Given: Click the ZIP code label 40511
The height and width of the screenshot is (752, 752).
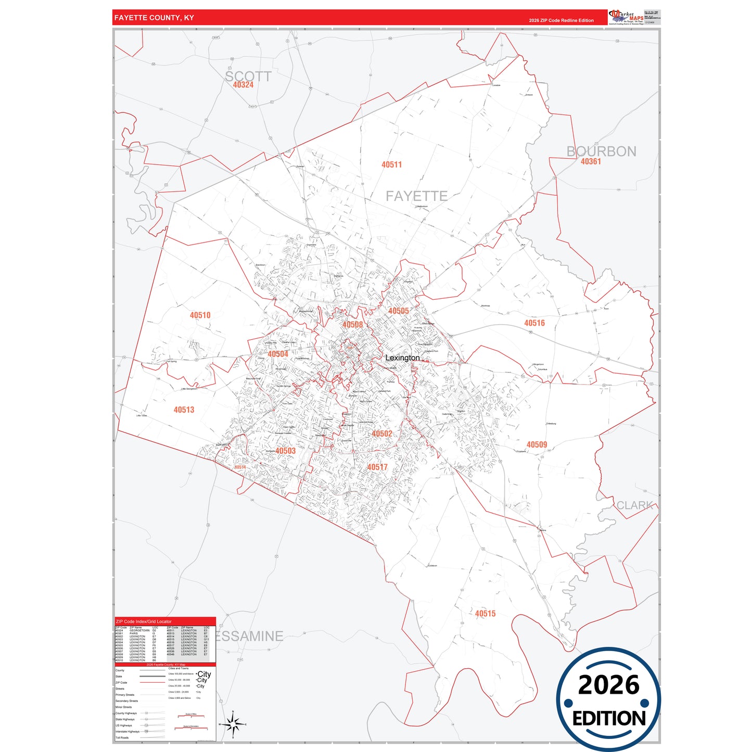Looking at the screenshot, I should click(x=391, y=164).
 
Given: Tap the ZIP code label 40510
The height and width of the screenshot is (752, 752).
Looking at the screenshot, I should click(x=200, y=315).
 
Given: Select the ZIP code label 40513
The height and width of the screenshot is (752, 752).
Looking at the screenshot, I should click(x=184, y=410).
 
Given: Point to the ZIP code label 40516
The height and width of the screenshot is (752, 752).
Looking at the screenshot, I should click(x=534, y=323).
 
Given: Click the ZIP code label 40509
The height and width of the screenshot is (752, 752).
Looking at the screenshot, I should click(x=537, y=444).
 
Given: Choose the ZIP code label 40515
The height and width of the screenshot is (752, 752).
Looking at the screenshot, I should click(x=485, y=614).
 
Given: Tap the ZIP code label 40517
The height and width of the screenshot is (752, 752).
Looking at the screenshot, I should click(x=377, y=467).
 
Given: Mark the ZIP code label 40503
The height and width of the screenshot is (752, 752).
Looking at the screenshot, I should click(x=285, y=451).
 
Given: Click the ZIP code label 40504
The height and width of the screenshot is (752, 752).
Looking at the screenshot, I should click(x=278, y=354).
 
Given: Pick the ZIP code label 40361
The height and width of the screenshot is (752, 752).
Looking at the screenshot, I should click(x=591, y=162).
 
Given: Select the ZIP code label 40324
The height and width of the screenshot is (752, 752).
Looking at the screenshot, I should click(x=243, y=85).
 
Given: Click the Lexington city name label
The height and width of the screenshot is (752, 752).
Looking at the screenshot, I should click(x=402, y=358).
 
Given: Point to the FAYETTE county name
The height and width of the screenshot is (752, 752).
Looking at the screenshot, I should click(x=416, y=196).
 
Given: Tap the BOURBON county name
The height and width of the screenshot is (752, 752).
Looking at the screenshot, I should click(x=601, y=151).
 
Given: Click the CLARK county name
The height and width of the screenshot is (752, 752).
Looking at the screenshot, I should click(x=634, y=505).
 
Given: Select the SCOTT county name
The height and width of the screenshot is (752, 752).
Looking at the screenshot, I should click(x=248, y=77).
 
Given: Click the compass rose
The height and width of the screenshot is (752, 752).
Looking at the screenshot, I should click(x=233, y=724).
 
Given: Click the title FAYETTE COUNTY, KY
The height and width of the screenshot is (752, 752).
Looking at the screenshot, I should click(x=154, y=18).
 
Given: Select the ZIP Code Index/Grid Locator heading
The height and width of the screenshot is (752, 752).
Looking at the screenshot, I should click(x=144, y=621).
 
